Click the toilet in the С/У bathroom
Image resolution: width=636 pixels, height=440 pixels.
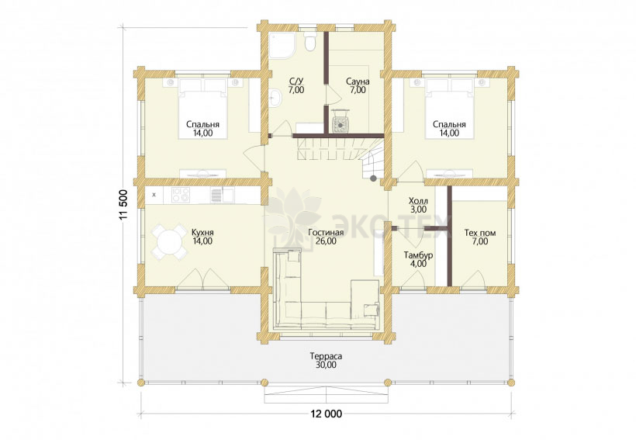(x=310, y=41)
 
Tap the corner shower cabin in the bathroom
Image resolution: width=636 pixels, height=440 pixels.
(x=280, y=45)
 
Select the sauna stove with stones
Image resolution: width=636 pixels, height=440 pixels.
(x=340, y=120)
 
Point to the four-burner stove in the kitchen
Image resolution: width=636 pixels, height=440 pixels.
(x=181, y=195)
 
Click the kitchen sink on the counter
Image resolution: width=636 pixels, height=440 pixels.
(x=222, y=195)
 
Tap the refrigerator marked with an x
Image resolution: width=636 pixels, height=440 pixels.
(x=154, y=195)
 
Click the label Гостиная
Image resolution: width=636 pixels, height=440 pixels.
(x=326, y=233)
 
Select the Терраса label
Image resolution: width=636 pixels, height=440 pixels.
(x=326, y=356)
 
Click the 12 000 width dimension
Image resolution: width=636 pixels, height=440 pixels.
(x=326, y=414)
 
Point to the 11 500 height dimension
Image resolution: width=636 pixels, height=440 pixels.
(x=124, y=205)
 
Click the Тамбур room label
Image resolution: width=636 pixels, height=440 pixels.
(x=418, y=255)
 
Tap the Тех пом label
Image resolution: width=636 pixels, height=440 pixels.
(x=480, y=233)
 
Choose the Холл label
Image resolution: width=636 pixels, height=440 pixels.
(x=418, y=201)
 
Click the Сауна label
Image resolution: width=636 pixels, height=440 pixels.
(x=358, y=81)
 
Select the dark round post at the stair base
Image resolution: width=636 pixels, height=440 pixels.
(x=373, y=178)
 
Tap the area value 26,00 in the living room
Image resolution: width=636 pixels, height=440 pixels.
(x=326, y=241)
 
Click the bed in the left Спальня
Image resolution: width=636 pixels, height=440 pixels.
(x=202, y=109)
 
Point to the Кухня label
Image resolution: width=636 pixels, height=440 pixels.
(x=202, y=233)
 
